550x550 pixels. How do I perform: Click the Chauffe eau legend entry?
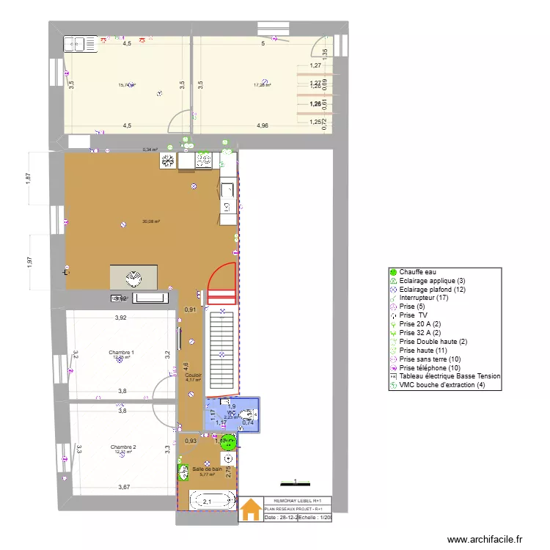coord(415,272)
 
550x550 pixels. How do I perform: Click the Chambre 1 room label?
coord(121,353)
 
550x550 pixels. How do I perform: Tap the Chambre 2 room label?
coord(122,447)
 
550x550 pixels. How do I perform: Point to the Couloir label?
coord(194,375)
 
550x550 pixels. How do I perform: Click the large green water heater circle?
coord(229,441)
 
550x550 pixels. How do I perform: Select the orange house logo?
coord(251,508)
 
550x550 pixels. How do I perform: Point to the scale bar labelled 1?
coord(295,483)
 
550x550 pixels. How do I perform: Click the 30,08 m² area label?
coord(151,221)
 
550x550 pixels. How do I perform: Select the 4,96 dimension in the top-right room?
coord(263,125)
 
